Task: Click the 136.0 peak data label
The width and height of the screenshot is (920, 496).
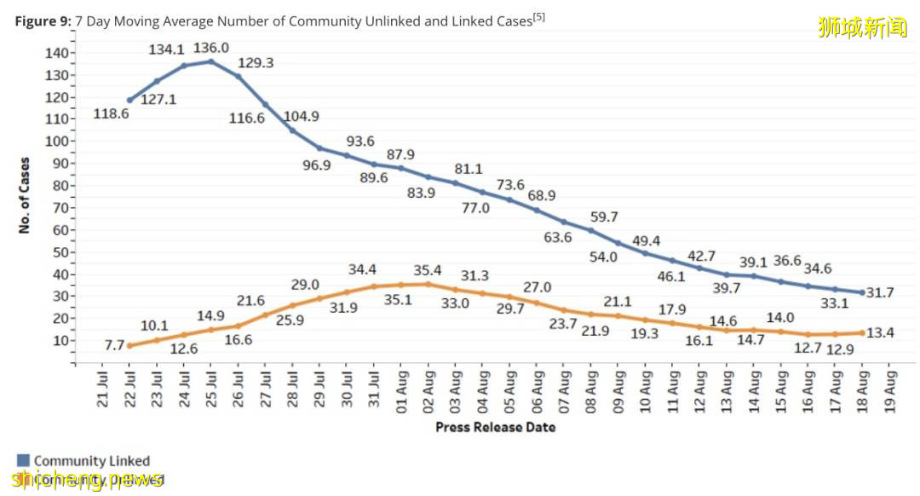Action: pyautogui.click(x=211, y=49)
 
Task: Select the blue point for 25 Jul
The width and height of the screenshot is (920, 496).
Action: pyautogui.click(x=210, y=61)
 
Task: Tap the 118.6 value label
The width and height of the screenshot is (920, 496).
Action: pyautogui.click(x=112, y=113)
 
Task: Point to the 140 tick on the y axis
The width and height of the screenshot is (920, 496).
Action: pyautogui.click(x=55, y=53)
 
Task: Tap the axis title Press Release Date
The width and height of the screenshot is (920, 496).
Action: pyautogui.click(x=495, y=426)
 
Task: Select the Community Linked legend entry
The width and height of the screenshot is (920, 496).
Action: pyautogui.click(x=91, y=461)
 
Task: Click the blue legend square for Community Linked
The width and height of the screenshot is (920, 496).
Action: pyautogui.click(x=23, y=461)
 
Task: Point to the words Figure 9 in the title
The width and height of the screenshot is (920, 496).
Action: pyautogui.click(x=42, y=21)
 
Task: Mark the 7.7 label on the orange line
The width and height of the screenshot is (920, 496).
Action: pyautogui.click(x=115, y=344)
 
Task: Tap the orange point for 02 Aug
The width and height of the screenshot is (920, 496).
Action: pyautogui.click(x=428, y=284)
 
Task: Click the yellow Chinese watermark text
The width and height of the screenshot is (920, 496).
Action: pyautogui.click(x=862, y=28)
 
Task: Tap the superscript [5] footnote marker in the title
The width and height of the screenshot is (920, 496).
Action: pyautogui.click(x=538, y=16)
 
